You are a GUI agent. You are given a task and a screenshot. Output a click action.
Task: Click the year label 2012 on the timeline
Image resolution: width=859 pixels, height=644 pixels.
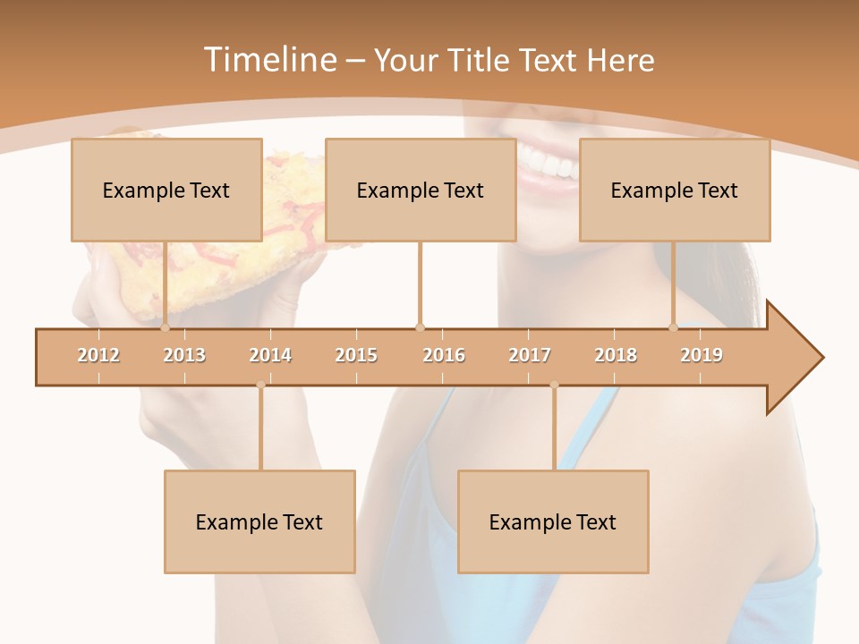click(98, 355)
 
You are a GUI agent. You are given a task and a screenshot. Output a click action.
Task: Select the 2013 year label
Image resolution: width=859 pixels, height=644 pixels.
click(184, 355)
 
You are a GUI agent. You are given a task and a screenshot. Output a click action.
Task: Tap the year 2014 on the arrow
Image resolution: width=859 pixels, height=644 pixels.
click(270, 355)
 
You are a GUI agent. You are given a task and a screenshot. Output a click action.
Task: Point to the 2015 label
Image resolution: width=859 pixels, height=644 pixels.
click(356, 355)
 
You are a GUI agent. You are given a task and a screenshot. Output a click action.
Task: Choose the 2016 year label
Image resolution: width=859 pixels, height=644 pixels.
click(444, 355)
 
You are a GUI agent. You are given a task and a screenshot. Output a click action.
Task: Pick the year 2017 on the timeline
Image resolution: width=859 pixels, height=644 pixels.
click(530, 355)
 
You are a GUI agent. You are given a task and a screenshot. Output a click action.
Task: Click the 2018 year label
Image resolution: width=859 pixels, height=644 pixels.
click(616, 355)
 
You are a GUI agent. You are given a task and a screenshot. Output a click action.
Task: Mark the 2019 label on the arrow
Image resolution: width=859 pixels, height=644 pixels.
click(702, 355)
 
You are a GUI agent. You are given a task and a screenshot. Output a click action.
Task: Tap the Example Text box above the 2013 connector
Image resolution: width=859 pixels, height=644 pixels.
click(166, 190)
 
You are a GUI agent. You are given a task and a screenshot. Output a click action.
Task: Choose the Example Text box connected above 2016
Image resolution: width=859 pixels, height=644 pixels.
click(421, 190)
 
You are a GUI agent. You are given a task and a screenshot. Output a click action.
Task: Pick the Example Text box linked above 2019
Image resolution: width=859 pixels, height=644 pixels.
click(675, 190)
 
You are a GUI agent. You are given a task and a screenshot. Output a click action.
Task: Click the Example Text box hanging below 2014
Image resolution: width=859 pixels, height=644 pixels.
click(259, 521)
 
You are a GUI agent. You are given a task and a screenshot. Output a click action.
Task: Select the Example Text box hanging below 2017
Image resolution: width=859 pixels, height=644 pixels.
click(553, 521)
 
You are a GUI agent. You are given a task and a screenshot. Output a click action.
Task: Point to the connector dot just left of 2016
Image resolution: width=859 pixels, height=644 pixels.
click(420, 327)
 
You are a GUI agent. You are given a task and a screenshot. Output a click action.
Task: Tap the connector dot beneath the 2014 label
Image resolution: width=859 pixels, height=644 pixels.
click(260, 385)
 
